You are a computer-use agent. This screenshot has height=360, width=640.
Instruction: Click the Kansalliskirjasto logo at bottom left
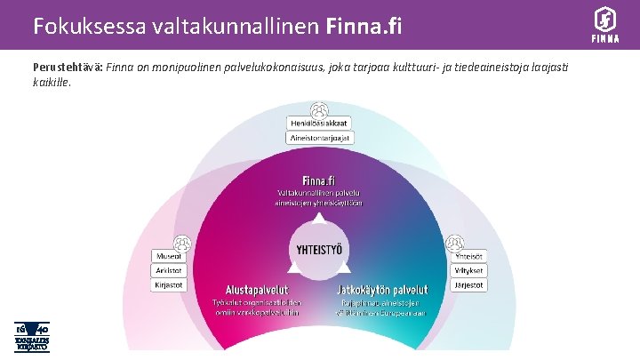tap(30, 335)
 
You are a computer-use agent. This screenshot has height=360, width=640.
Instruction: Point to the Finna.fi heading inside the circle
tap(319, 178)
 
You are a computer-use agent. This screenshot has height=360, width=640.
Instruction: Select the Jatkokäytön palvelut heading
tap(382, 290)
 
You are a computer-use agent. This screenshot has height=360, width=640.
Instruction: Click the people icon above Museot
tap(182, 242)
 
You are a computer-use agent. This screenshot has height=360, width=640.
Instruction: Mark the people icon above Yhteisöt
tap(454, 242)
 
